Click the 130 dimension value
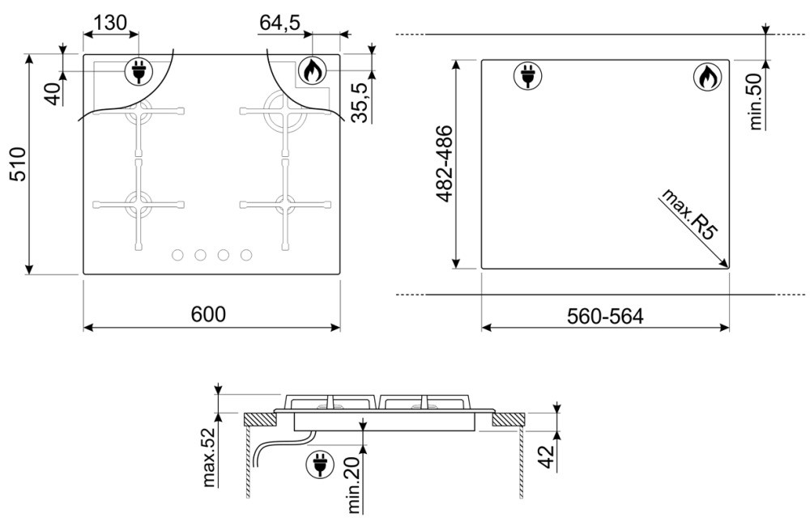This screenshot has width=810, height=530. coord(110,23)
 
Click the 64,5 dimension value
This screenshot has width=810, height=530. coord(279,23)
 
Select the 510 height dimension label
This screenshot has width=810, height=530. coord(19,164)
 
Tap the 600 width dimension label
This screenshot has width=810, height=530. coord(208,314)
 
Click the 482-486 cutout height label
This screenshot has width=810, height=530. coord(444,163)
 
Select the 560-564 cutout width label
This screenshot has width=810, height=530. coord(605,316)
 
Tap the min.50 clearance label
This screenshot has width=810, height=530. coord(755,101)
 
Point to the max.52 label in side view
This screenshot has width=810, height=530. coord(208,458)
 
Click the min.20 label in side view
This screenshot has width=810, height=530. coord(354,485)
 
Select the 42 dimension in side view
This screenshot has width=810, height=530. coord(547,456)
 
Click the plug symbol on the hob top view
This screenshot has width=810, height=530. coord(139,71)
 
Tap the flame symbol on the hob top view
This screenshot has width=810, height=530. coord(312,70)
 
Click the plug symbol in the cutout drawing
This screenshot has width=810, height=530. coord(527,75)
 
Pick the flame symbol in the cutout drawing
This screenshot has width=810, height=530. coord(706,77)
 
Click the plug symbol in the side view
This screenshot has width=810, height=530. coord(320,463)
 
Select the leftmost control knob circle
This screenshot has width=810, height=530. coord(177,255)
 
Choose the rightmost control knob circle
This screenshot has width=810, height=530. coord(246,255)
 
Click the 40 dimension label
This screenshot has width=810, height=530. coord(53,94)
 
